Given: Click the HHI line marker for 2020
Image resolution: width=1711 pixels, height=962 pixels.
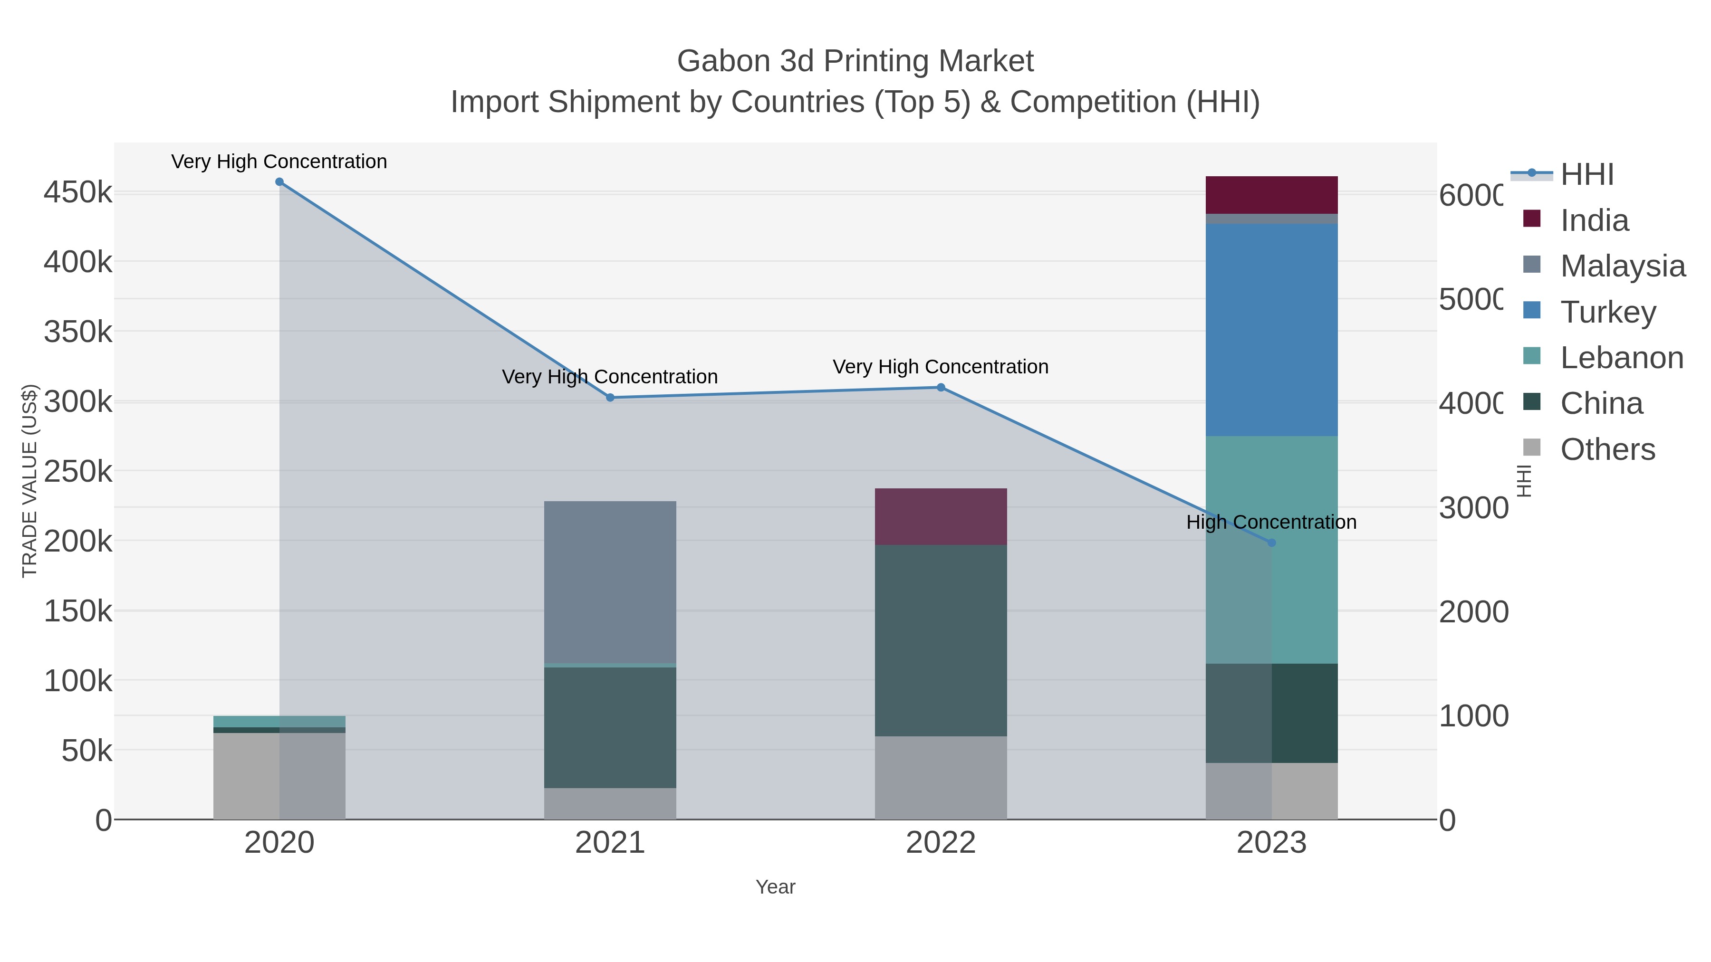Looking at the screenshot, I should tap(279, 182).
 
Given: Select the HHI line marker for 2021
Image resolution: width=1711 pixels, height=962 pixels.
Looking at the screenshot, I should tap(610, 398).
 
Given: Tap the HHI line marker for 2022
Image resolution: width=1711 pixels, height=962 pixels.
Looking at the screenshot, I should tap(941, 387).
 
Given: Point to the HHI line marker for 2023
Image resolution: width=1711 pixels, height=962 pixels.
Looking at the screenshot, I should tap(1271, 543).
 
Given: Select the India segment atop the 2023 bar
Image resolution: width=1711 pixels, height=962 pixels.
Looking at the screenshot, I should tap(1271, 194).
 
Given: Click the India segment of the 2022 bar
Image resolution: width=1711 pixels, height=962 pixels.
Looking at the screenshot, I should tap(941, 516).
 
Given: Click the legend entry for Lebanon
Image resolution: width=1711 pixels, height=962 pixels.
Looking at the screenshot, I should tap(1621, 358).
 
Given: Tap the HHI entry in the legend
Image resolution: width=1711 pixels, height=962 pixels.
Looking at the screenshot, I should tap(1587, 175).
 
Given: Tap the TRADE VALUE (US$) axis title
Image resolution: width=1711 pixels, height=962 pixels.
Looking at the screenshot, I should tap(30, 481).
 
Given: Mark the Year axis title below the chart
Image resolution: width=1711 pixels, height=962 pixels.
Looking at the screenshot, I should tap(775, 887).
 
